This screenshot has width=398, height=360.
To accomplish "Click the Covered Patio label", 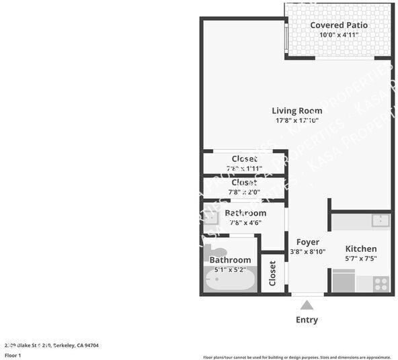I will tap(339, 26).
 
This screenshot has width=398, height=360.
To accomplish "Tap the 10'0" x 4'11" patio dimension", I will tap(339, 35).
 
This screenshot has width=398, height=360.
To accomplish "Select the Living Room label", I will tap(296, 111).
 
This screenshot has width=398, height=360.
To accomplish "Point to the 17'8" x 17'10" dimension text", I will tap(296, 121).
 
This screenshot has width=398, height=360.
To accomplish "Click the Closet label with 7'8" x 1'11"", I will tap(244, 159).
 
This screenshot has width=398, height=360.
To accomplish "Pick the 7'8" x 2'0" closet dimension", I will tap(244, 192).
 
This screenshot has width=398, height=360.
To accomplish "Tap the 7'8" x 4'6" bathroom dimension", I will tap(245, 223).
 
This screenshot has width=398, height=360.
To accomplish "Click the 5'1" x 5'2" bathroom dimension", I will tap(230, 270).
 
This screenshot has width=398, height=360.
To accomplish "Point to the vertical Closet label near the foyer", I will tap(272, 273).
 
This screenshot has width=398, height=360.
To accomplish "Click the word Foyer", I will tap(307, 242).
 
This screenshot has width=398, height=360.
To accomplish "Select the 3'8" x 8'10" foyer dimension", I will tap(307, 252).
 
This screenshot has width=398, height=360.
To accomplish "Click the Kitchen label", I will tap(361, 249).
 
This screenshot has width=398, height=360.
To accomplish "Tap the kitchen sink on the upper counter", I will tap(381, 220).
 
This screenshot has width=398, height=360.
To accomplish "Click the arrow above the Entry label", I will tap(307, 304).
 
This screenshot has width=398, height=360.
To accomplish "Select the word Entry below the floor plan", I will tap(307, 320).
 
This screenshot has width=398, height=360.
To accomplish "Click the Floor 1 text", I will tap(13, 355).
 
